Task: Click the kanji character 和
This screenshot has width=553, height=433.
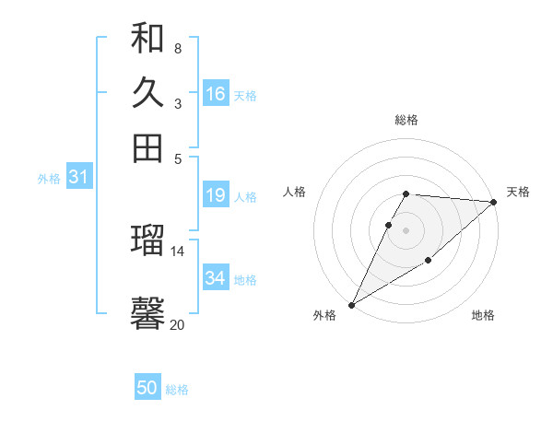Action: (147, 40)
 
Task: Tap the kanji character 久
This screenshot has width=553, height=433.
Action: (147, 93)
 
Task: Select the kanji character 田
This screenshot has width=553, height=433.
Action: (147, 147)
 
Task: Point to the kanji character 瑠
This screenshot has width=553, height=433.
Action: (147, 240)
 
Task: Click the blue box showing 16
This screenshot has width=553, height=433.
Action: (216, 94)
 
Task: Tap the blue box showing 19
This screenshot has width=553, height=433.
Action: (216, 195)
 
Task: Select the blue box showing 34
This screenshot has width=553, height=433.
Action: (216, 277)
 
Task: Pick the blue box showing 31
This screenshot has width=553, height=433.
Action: (78, 178)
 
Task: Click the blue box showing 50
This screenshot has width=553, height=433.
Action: (147, 389)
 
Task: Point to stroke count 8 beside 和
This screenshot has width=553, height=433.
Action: (177, 49)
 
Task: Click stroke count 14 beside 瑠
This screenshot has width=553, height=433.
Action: (178, 251)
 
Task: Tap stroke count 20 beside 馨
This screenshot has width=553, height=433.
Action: (177, 324)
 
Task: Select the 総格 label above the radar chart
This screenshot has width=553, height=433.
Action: (406, 120)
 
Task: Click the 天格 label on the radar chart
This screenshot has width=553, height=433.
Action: (518, 192)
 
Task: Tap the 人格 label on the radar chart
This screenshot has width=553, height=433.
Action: (295, 192)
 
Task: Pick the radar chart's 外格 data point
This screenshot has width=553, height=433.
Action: (351, 305)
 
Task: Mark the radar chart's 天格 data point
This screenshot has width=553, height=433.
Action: (494, 202)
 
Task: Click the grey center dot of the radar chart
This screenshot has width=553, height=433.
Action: (406, 230)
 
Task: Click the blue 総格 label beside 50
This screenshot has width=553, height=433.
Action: (177, 390)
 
